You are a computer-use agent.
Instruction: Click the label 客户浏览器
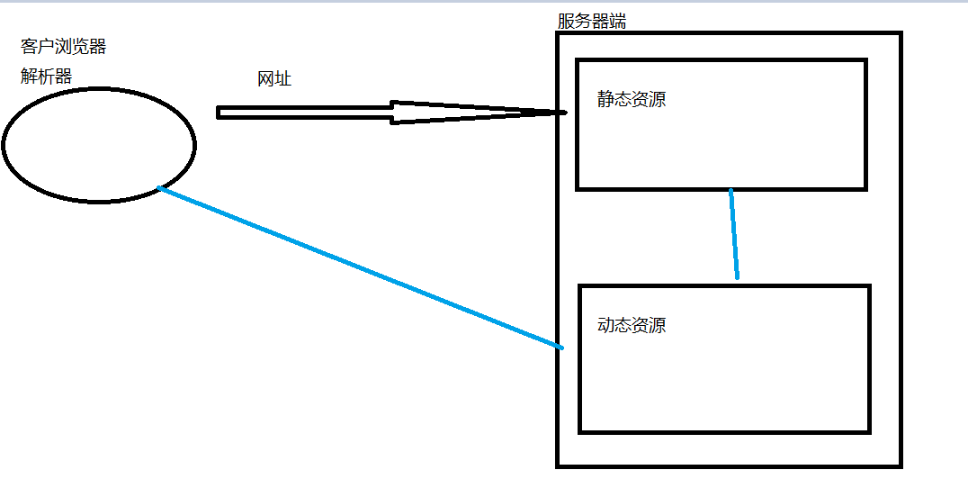click(x=63, y=47)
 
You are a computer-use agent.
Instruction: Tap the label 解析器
click(x=46, y=77)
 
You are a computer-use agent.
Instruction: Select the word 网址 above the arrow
click(x=274, y=79)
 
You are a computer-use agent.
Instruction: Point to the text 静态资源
click(x=632, y=99)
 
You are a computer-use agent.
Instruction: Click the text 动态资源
click(x=632, y=325)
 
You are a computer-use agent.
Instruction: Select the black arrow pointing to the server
click(x=360, y=113)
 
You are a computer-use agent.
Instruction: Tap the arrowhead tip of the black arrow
click(x=565, y=113)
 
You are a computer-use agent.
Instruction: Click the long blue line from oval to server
click(x=360, y=267)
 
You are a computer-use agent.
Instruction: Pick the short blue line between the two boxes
click(x=734, y=234)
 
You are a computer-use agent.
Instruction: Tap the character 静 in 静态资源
click(x=605, y=99)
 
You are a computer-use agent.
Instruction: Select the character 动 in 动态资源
click(x=605, y=325)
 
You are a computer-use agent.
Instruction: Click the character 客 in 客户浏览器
click(x=29, y=47)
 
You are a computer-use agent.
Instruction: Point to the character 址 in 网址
click(x=283, y=79)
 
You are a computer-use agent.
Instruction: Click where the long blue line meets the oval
click(x=159, y=187)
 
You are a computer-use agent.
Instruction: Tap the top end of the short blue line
click(x=730, y=191)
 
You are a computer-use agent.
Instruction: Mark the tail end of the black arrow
click(x=219, y=113)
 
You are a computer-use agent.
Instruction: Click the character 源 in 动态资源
click(x=658, y=325)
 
